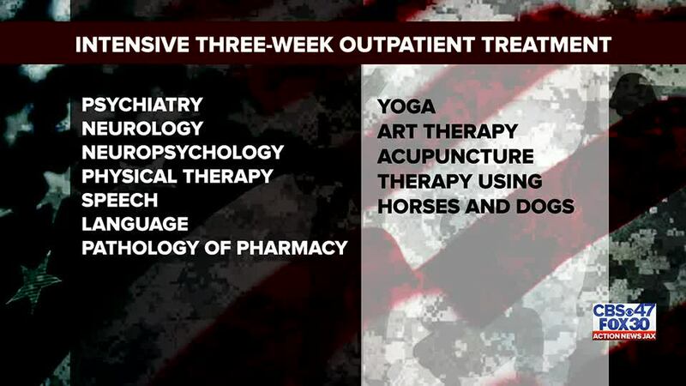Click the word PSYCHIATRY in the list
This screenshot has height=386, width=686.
pos(142,105)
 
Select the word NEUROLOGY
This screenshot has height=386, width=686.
pos(142,128)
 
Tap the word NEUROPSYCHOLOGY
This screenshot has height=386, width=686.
pos(183,153)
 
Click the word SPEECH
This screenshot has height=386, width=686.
pos(120,200)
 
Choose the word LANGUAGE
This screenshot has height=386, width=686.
pos(135,224)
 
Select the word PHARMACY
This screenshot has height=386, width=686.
pos(292,248)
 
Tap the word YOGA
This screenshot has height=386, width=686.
pos(406,106)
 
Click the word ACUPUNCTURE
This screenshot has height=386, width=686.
pos(455,156)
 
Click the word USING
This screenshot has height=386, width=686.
pos(509,181)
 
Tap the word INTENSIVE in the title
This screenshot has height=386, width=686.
pos(132,45)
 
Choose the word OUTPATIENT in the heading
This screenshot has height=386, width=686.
pos(406,45)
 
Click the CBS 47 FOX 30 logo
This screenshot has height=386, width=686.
pos(624,323)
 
